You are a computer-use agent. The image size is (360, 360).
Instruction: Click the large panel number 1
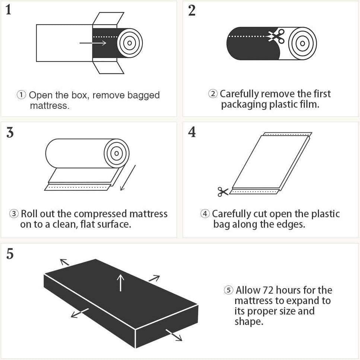pos(8,10)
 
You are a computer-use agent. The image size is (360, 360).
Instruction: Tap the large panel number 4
pos(192,132)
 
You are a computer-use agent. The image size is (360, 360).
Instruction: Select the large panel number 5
pos(10,254)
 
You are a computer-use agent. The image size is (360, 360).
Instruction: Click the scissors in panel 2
pos(277,36)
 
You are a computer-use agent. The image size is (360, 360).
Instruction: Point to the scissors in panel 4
pos(223,192)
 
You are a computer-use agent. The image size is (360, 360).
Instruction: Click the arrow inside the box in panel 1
pos(93,43)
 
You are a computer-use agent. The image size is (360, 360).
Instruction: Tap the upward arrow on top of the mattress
pos(120,283)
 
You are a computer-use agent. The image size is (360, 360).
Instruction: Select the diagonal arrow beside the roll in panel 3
pos(128,178)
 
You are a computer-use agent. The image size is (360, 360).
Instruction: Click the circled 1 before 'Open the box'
pos(21,95)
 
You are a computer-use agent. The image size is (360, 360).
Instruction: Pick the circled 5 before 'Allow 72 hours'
pos(229,290)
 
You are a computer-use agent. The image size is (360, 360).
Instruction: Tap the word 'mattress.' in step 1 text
pos(50,105)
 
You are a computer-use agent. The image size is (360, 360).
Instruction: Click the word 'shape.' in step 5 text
pos(249,322)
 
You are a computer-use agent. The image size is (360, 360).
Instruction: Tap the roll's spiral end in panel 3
pos(117,154)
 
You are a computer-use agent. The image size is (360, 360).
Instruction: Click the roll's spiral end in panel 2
pos(302,43)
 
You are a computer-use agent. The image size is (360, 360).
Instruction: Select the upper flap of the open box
pos(108,18)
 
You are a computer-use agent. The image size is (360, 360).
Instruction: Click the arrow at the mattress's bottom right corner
pos(174,335)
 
